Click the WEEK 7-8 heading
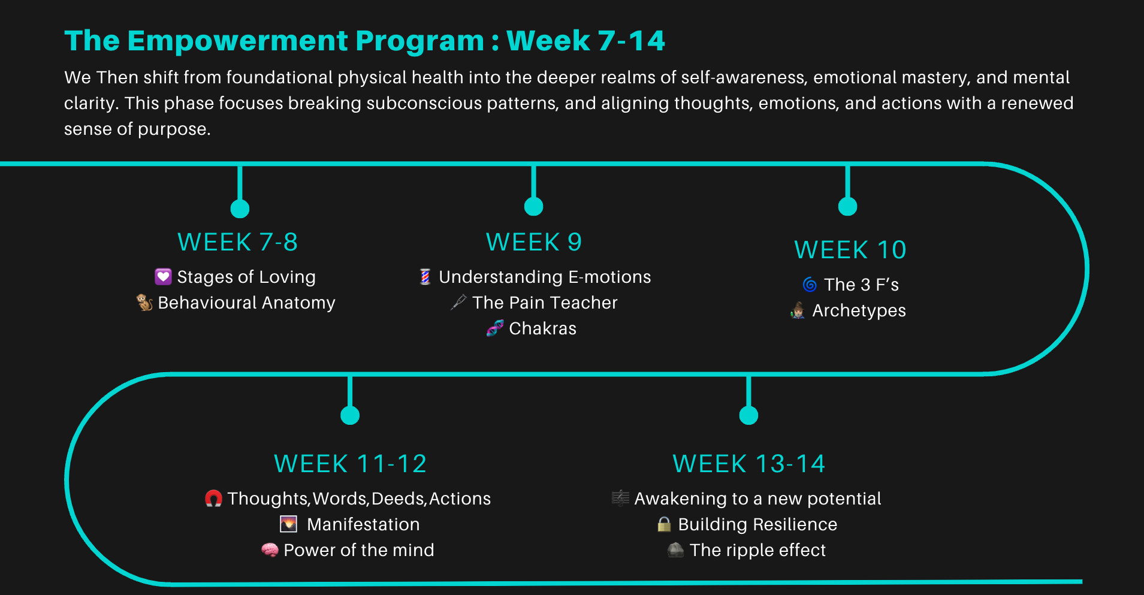point(237,242)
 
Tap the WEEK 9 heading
point(533,242)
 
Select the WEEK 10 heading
point(850,250)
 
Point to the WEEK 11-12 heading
point(350,464)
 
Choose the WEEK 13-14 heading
point(748,464)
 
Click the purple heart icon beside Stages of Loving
point(163,276)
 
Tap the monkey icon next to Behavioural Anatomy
point(144,303)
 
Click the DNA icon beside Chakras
point(495,328)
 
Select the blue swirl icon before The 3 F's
point(810,285)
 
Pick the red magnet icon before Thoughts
point(213,499)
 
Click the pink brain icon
point(270,550)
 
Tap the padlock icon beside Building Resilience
point(664,524)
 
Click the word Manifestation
point(363,524)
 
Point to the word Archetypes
point(859,310)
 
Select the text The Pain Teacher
point(544,303)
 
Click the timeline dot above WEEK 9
point(533,207)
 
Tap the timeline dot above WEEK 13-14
point(748,415)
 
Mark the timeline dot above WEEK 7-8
point(240,209)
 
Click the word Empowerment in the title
point(237,41)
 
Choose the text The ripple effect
point(757,550)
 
